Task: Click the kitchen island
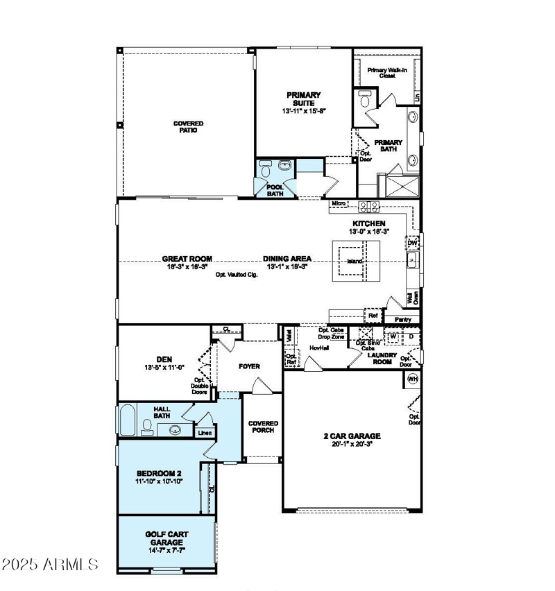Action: click(x=355, y=261)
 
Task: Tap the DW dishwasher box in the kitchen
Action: click(x=412, y=243)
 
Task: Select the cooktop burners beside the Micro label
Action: click(x=368, y=205)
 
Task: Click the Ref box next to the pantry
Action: click(x=373, y=316)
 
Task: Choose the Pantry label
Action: click(x=402, y=320)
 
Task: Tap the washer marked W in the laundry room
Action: click(x=392, y=336)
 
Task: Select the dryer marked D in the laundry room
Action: click(x=410, y=336)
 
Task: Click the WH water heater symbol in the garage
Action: click(x=412, y=379)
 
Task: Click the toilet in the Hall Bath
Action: click(x=147, y=426)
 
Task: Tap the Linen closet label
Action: click(x=205, y=433)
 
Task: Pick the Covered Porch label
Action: click(x=263, y=427)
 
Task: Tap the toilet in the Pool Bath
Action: click(x=284, y=166)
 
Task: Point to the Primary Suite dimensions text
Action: click(x=304, y=111)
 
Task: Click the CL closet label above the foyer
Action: click(x=226, y=329)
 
